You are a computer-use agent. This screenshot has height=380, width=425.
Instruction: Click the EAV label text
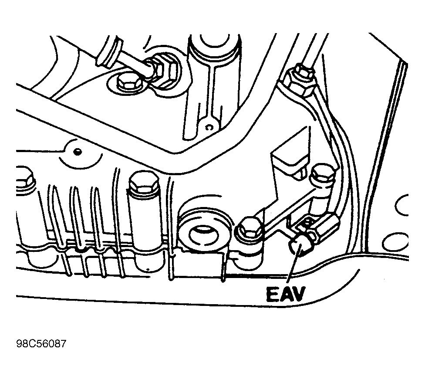286,295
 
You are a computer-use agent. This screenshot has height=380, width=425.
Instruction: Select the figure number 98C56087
41,344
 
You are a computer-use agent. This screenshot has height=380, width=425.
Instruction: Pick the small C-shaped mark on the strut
209,127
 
